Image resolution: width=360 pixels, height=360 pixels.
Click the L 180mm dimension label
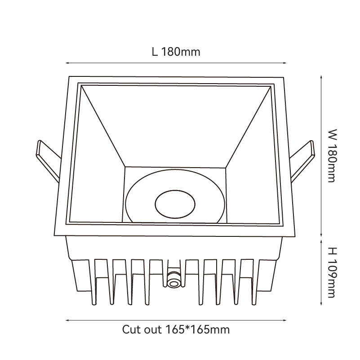(176, 52)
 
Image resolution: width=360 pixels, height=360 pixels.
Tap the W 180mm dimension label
(332, 156)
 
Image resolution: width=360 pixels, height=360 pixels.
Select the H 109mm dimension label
(332, 272)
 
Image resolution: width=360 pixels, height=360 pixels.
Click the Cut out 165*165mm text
(176, 329)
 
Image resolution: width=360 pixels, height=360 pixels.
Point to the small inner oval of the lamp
(175, 204)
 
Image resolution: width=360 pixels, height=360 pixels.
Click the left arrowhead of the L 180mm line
(67, 62)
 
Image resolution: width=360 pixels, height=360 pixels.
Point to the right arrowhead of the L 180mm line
(285, 62)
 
